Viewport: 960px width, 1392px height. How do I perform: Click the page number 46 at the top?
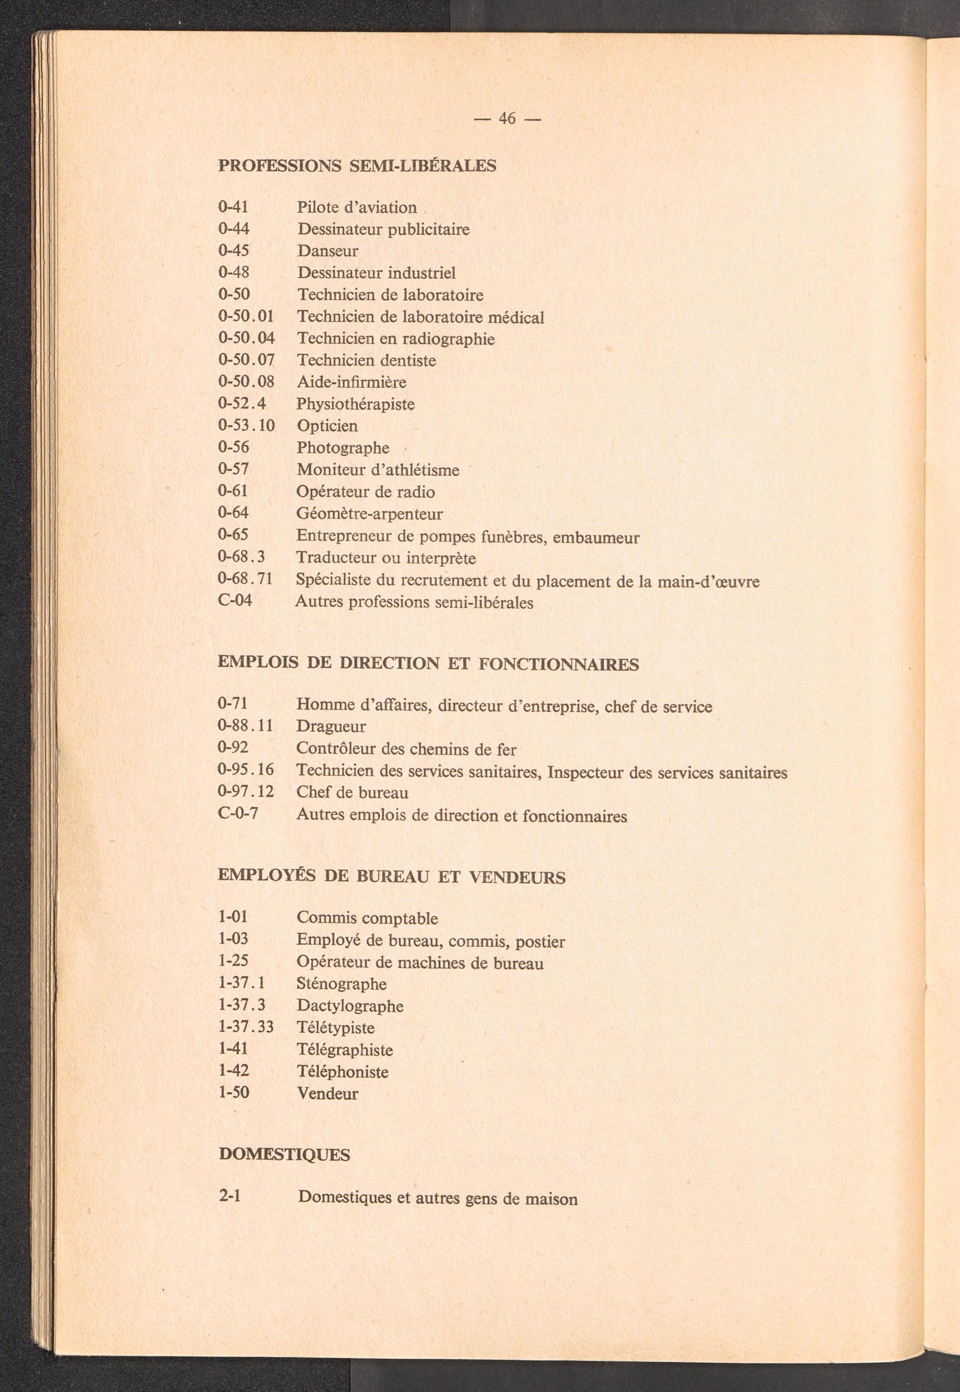507,119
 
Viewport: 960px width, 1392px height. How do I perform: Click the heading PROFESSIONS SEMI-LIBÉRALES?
357,166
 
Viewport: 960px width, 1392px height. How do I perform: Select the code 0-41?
233,207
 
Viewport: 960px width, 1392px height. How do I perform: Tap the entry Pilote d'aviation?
357,207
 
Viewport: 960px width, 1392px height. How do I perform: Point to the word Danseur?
328,251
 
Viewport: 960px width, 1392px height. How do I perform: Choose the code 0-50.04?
246,339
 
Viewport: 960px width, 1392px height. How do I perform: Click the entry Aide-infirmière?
352,382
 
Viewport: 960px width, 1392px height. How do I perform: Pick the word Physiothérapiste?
356,404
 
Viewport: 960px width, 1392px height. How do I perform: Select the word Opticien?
327,426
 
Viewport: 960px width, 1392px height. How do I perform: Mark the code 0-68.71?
245,579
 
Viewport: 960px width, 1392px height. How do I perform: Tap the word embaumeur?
596,537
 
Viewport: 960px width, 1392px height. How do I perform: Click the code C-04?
235,600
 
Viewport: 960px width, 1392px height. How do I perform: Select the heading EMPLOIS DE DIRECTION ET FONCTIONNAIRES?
428,664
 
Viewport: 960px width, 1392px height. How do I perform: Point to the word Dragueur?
331,727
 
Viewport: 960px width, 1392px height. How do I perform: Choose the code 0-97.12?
245,792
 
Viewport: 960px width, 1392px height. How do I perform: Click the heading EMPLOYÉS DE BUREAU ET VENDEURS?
392,877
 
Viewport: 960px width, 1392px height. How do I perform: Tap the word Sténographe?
342,984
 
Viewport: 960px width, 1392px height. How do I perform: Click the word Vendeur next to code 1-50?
328,1093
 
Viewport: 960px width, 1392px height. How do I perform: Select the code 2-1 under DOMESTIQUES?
230,1196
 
